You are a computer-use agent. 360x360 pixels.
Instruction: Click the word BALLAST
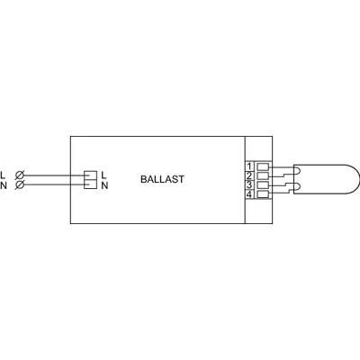coord(162,179)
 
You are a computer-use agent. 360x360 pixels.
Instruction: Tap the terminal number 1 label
coord(249,166)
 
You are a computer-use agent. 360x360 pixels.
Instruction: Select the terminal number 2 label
coord(249,175)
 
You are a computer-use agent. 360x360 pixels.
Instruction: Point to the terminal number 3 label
coord(249,184)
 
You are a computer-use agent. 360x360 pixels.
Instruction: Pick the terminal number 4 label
coord(249,194)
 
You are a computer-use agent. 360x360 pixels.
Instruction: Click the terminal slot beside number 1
coord(263,166)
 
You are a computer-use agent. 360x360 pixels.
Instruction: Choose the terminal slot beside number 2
coord(263,175)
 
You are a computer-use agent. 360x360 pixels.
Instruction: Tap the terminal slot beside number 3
coord(263,185)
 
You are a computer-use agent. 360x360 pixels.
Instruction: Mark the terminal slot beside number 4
coord(263,194)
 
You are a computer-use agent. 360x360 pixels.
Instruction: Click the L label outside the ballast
coord(3,175)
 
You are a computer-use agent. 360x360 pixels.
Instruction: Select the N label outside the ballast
coord(4,185)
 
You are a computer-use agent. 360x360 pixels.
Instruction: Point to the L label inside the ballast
coord(103,175)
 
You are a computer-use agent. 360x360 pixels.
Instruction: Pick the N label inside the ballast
coord(104,185)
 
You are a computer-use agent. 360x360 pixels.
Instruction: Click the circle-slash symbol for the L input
coord(20,175)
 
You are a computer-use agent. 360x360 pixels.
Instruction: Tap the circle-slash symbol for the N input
coord(20,185)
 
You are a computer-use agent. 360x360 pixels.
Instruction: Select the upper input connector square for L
coord(90,175)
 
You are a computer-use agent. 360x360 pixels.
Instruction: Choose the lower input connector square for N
coord(90,184)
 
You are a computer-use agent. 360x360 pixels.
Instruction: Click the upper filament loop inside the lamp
coord(297,170)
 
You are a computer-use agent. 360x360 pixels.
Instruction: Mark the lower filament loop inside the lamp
coord(297,187)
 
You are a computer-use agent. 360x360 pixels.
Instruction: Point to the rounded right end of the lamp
coord(359,179)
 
